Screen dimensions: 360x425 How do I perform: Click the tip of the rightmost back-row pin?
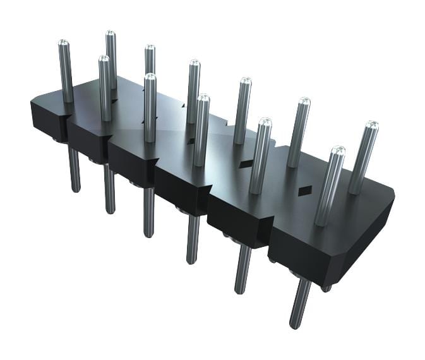pos(372,124)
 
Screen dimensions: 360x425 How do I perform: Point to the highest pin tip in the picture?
pos(111,33)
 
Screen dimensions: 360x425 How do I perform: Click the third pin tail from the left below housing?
pos(148,212)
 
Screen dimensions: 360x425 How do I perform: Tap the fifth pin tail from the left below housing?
pos(242,269)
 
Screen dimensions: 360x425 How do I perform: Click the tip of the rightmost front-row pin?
pos(338,151)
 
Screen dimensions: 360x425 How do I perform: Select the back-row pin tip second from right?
pos(304,101)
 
